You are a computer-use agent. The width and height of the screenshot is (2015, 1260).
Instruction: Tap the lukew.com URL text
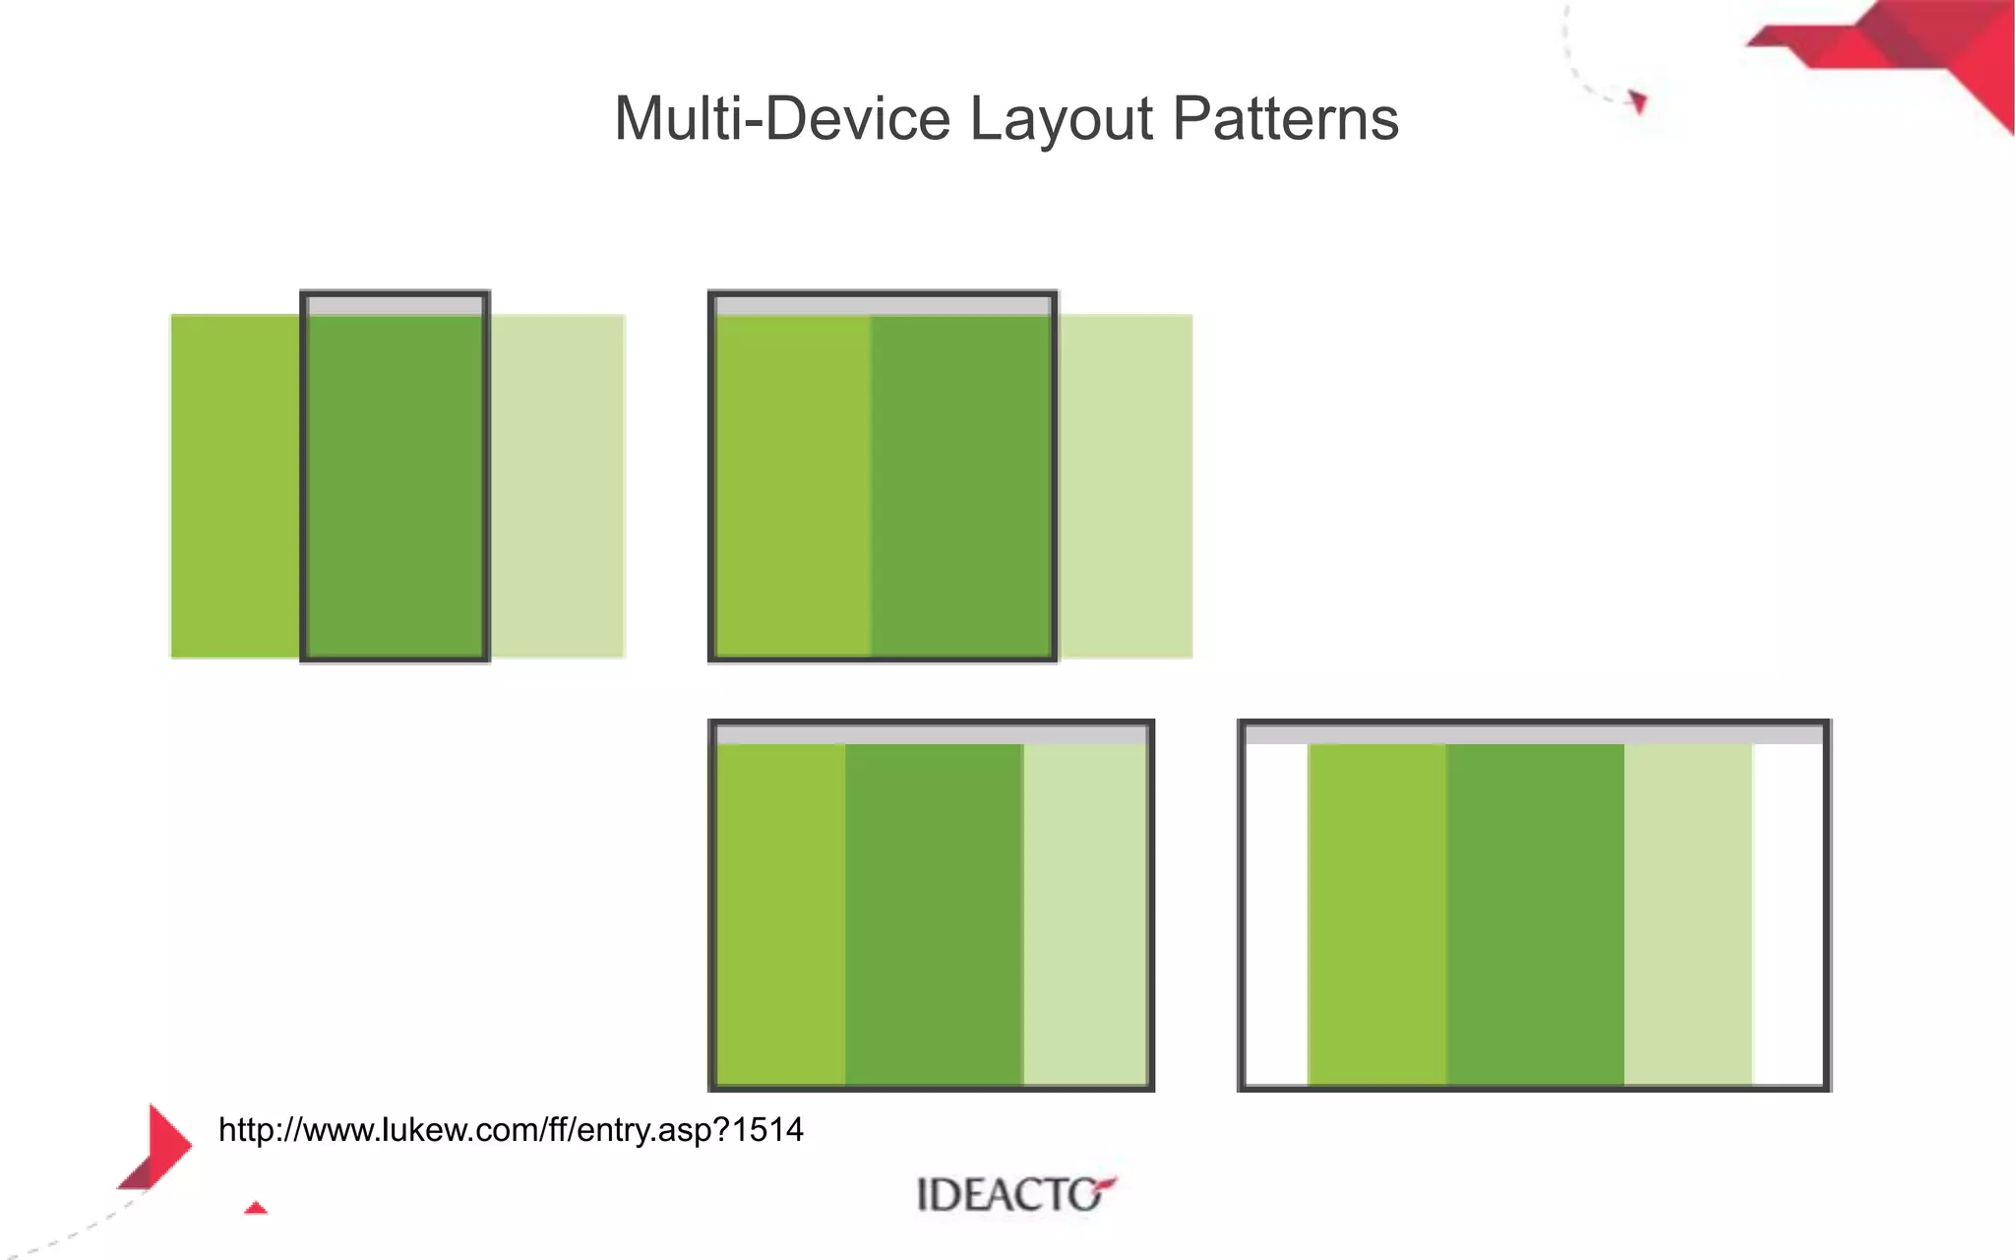click(511, 1130)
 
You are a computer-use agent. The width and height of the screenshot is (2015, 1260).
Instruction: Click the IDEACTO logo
click(1014, 1194)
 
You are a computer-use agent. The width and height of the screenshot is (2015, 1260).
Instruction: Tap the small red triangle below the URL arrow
click(256, 1208)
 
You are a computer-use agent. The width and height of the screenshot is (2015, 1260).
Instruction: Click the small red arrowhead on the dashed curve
click(1638, 101)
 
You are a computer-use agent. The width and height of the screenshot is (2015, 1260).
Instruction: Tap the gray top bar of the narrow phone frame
click(395, 306)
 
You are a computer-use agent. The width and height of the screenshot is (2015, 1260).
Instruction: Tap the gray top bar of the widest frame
click(1534, 734)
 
